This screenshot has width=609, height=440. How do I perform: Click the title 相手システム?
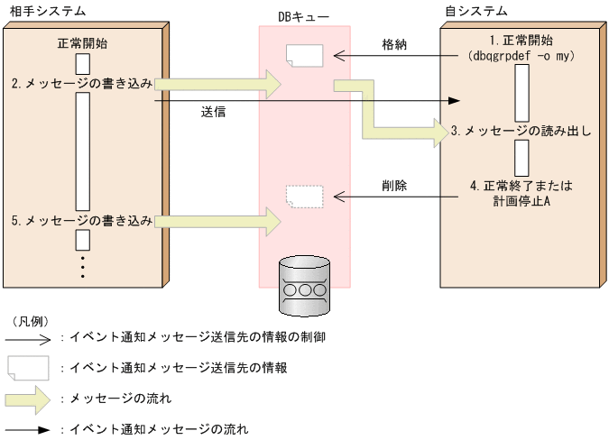coord(36,10)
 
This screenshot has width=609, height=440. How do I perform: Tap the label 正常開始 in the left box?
coord(81,43)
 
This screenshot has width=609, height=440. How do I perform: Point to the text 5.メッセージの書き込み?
coord(82,219)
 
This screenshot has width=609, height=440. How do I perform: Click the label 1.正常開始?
coord(521,41)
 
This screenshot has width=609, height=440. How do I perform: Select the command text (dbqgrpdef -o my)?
coord(521,57)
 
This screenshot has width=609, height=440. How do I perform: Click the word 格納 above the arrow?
coord(393,43)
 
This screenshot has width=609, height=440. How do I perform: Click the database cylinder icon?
coord(305,287)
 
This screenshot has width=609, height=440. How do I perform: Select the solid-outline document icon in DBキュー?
coord(303,55)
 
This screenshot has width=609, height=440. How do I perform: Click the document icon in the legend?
coord(28,367)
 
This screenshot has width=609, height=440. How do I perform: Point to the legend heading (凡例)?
coord(30,321)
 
